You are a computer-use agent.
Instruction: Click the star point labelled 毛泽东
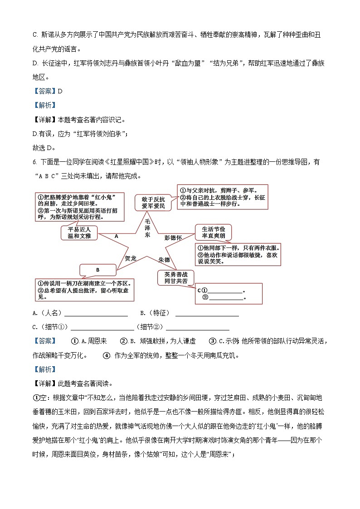[x=147, y=229]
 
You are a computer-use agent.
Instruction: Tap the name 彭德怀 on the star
[x=173, y=238]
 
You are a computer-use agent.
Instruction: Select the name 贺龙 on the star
[x=131, y=258]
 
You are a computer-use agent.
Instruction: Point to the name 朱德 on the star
[x=164, y=260]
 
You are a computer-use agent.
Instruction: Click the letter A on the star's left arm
[x=116, y=236]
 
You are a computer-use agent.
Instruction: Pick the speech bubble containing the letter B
[x=97, y=270]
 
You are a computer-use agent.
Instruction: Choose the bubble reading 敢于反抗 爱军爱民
[x=150, y=202]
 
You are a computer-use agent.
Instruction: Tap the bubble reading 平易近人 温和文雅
[x=79, y=233]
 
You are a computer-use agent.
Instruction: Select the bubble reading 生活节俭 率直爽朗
[x=213, y=233]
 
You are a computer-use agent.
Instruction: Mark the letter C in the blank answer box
[x=199, y=290]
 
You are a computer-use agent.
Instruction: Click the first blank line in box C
[x=225, y=291]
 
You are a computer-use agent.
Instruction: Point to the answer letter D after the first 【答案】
[x=60, y=91]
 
